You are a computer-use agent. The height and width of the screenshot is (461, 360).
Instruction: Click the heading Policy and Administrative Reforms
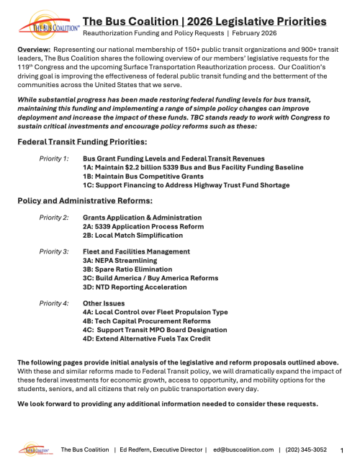(86, 201)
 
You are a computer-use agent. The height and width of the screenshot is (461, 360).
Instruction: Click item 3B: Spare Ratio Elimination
(128, 270)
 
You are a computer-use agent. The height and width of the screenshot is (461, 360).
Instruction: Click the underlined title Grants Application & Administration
(143, 218)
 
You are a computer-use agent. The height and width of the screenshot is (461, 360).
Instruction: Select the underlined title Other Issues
(104, 304)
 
